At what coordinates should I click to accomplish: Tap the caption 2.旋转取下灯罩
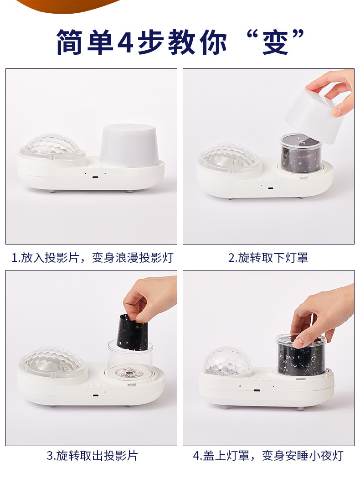(x=268, y=258)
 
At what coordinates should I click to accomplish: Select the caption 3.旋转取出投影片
(x=92, y=455)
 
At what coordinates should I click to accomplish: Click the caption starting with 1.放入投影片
(x=92, y=258)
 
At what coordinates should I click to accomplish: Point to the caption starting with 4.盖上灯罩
(x=268, y=455)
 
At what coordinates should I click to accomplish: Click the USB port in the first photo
(x=95, y=177)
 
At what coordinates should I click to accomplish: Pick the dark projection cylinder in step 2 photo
(x=301, y=155)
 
